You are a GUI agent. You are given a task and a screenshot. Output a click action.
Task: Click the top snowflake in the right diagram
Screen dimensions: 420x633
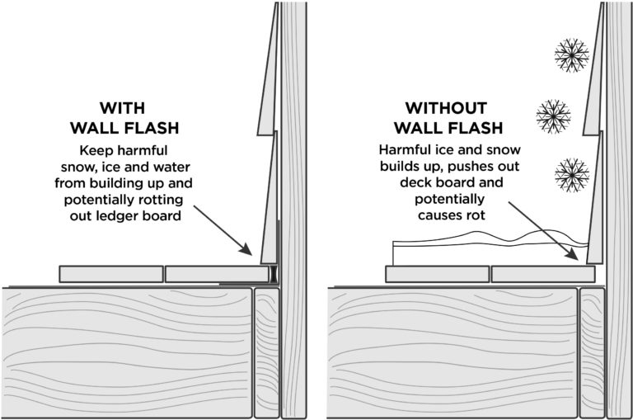pyautogui.click(x=570, y=55)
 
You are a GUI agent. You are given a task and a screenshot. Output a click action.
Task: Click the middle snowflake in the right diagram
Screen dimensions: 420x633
pyautogui.click(x=553, y=116)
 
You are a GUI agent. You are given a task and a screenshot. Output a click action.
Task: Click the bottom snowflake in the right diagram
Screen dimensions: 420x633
pyautogui.click(x=570, y=174)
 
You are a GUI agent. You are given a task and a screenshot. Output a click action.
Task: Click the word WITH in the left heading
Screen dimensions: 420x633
pyautogui.click(x=122, y=108)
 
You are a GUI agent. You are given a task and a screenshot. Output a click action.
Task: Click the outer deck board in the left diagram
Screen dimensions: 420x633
pyautogui.click(x=110, y=274)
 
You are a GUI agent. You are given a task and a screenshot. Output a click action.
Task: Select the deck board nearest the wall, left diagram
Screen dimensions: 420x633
pyautogui.click(x=216, y=274)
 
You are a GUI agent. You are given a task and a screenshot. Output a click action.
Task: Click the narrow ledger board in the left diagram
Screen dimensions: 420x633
pyautogui.click(x=266, y=351)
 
